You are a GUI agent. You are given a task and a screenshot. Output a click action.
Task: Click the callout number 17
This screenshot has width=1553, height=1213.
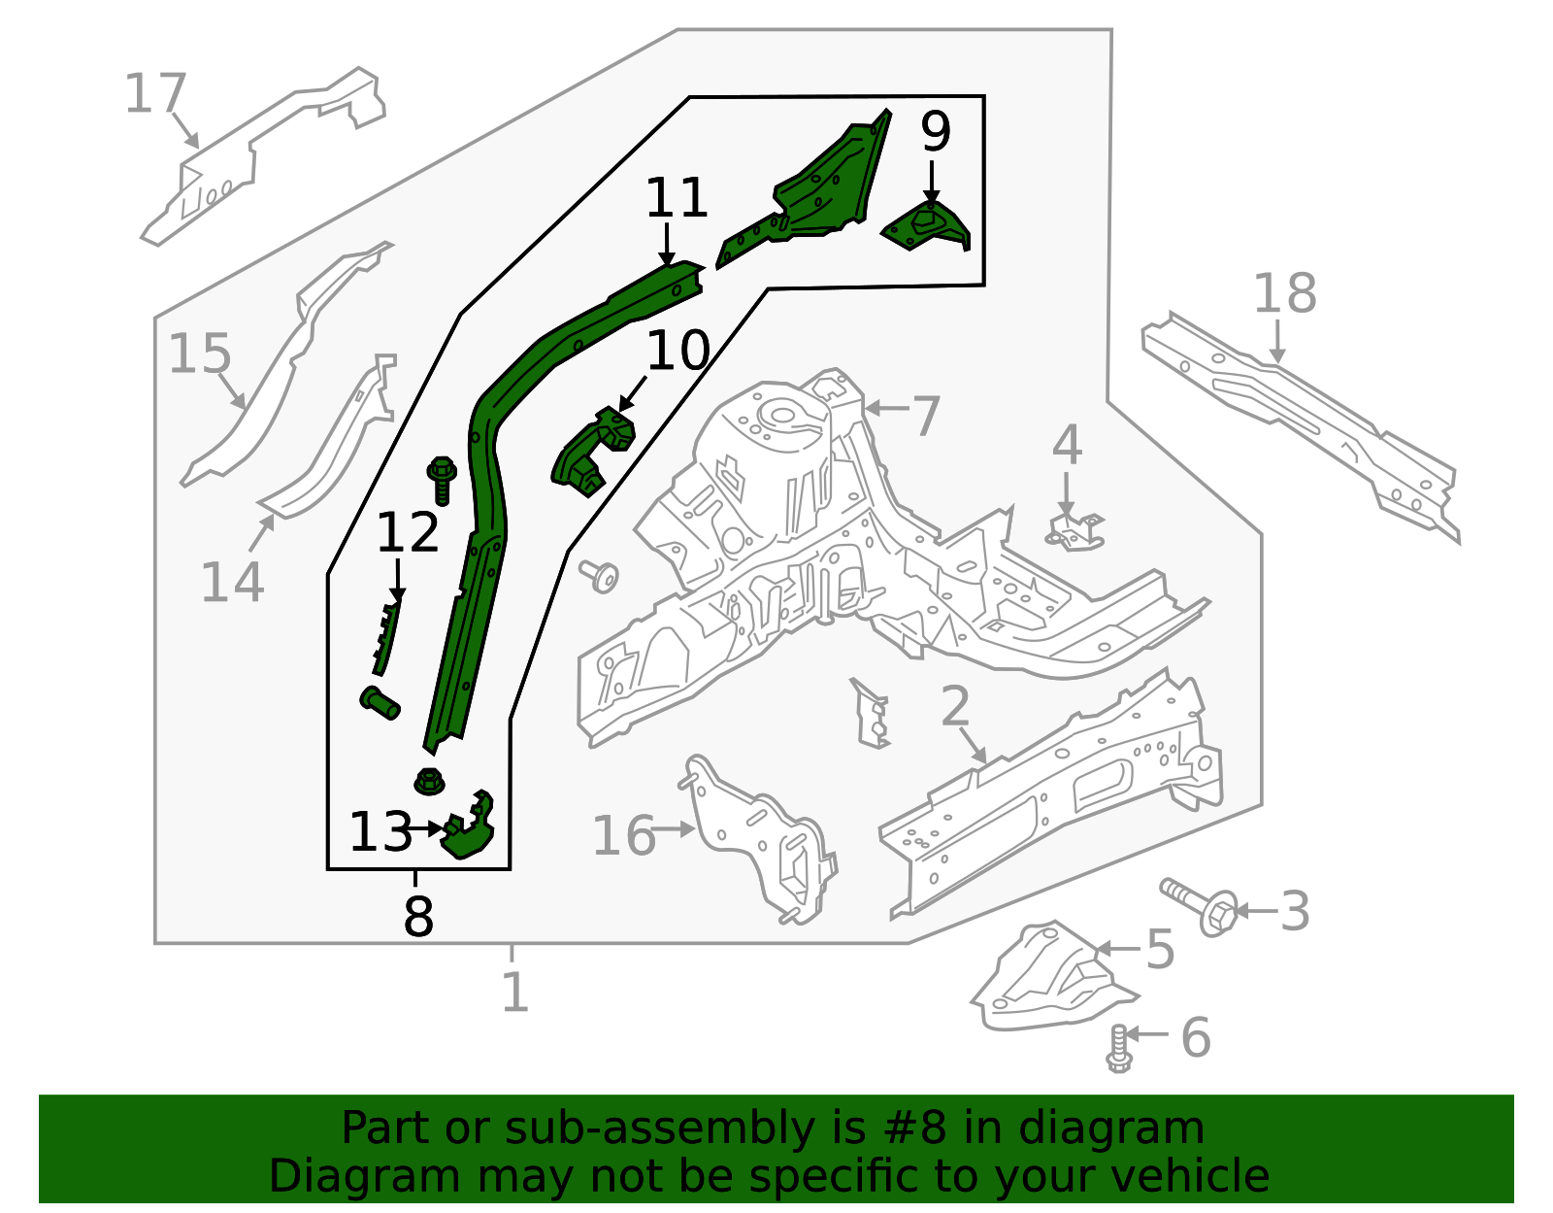coord(155,95)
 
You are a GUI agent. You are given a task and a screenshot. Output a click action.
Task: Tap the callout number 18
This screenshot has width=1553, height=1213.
coord(1284,293)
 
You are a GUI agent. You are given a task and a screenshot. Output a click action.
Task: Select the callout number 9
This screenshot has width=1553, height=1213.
coord(936,132)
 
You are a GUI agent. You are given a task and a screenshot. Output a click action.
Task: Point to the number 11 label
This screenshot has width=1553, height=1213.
coord(677,198)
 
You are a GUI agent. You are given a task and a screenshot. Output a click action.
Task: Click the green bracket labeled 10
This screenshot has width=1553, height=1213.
coord(592,452)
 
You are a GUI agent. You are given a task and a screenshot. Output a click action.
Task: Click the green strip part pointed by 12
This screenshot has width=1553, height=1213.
coord(387,636)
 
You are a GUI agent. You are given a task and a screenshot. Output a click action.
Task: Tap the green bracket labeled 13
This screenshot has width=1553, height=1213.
coord(470,828)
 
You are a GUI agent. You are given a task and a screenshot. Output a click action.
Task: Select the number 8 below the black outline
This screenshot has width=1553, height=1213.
coord(417,915)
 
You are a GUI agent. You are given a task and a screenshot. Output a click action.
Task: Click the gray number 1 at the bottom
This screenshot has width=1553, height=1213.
coord(514,993)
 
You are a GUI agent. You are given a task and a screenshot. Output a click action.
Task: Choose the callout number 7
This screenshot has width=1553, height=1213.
coord(926,416)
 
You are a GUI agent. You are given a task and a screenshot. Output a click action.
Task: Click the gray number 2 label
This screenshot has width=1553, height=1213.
coord(955,706)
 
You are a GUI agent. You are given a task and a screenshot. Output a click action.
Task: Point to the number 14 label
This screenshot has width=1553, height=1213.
coord(232,583)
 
